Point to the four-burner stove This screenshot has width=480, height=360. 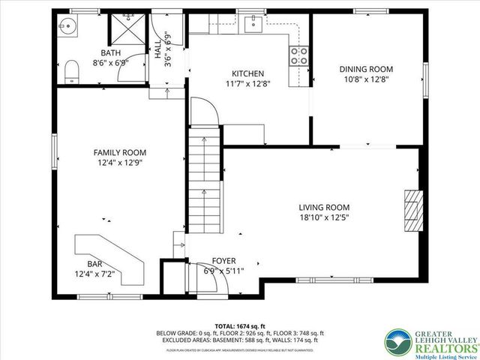pos(299,55)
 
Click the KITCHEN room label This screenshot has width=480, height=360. pos(247,73)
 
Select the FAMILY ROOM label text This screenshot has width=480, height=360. pos(119,151)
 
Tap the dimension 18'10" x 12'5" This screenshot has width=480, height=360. pos(324,217)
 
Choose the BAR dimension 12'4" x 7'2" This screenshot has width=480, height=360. pos(94,274)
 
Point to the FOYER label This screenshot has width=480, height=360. pos(223,261)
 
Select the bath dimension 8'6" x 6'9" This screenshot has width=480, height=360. pos(111,63)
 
